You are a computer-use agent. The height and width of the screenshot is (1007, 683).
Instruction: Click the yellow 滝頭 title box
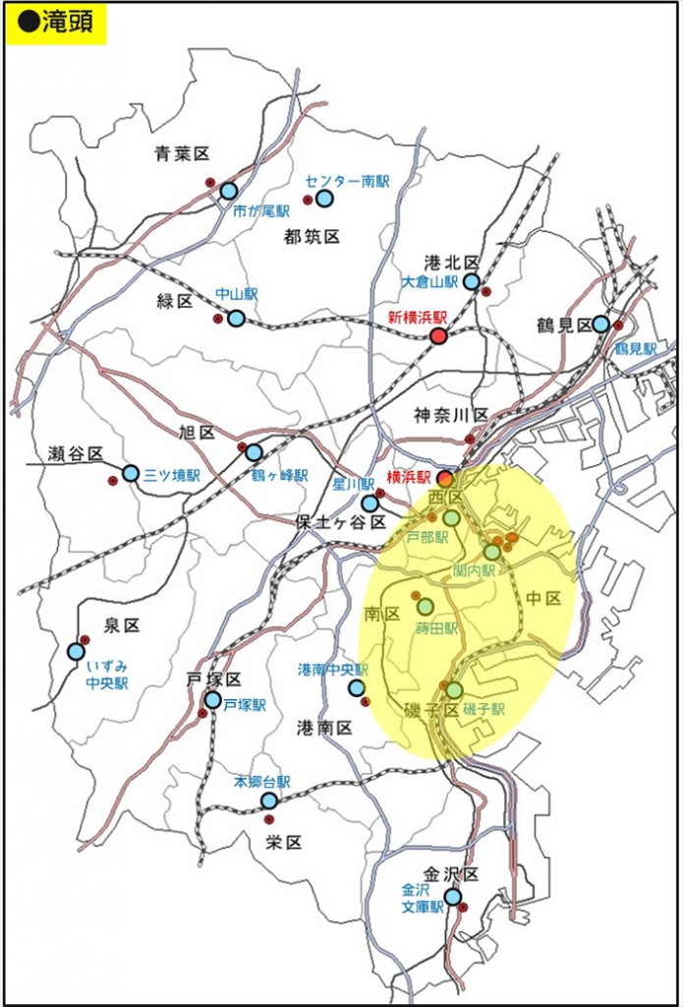point(56,24)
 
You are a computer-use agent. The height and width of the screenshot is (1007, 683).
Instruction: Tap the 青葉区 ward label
point(182,153)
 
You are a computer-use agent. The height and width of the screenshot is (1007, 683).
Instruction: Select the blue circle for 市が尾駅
point(228,191)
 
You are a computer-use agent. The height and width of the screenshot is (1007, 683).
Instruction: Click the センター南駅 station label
point(347,181)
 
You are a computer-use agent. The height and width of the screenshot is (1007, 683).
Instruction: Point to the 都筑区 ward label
point(312,236)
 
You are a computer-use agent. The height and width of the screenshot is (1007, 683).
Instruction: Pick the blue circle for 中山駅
point(236,318)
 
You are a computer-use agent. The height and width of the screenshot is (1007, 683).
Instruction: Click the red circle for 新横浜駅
point(438,336)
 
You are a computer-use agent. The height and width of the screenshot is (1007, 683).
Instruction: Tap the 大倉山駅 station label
point(429,281)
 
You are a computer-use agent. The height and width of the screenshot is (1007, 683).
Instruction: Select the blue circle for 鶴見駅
point(600,324)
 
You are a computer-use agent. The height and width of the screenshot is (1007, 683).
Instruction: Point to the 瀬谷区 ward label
point(76,453)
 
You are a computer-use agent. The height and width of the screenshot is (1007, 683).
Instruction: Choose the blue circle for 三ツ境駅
point(131,473)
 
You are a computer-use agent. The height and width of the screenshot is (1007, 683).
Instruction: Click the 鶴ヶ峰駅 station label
point(279,475)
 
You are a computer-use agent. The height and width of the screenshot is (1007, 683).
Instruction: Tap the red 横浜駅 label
point(409,476)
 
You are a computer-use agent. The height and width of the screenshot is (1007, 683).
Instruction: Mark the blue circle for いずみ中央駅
point(76,651)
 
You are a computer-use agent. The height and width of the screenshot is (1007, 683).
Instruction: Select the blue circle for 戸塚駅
point(212,699)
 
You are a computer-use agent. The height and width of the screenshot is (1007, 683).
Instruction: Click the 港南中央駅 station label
point(331,669)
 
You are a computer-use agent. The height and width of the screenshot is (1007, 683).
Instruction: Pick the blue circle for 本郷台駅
point(268,800)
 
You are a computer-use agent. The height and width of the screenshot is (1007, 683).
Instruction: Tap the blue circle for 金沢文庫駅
point(452,896)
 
